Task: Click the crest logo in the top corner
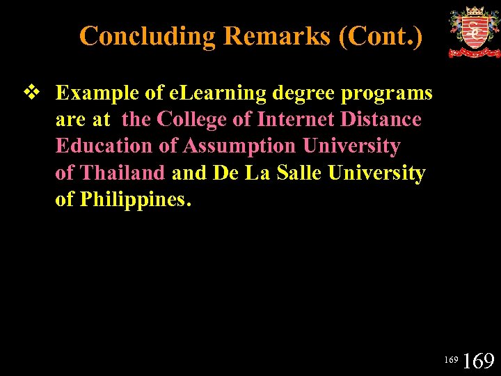[x=474, y=32]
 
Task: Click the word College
[x=192, y=120]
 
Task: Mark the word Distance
[x=381, y=120]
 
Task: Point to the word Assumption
[x=240, y=146]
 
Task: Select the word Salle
[x=300, y=173]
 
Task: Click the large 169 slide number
[x=478, y=361]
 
